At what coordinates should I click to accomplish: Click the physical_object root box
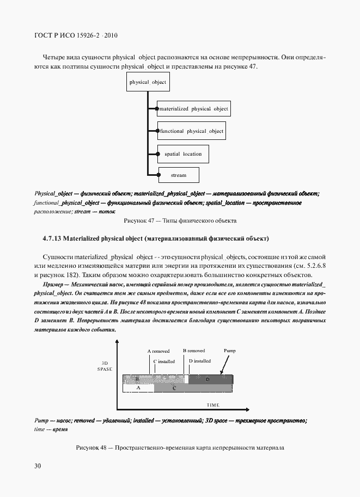[148, 82]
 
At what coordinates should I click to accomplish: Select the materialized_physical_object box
[194, 109]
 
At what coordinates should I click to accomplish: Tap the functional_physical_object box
[191, 131]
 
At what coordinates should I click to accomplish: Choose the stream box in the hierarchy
[178, 175]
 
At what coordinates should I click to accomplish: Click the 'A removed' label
[158, 351]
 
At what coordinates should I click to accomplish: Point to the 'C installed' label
[163, 361]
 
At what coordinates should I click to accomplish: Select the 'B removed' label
[193, 351]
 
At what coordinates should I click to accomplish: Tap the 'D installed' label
[199, 361]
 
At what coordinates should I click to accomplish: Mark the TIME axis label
[213, 406]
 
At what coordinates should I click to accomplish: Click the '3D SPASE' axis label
[105, 366]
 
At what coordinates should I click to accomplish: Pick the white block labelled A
[138, 389]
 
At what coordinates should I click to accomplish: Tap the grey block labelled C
[174, 389]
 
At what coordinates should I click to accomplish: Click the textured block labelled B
[138, 379]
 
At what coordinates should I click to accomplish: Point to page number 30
[38, 466]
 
